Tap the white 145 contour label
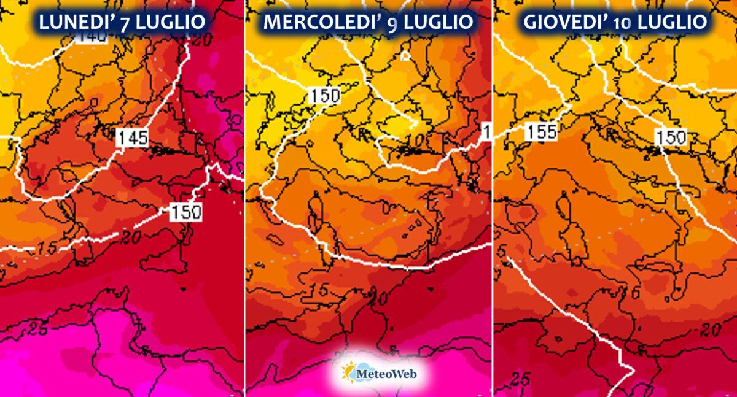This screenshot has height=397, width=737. [133, 137]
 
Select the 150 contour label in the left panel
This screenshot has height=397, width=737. [185, 212]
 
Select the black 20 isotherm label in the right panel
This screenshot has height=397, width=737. [709, 330]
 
